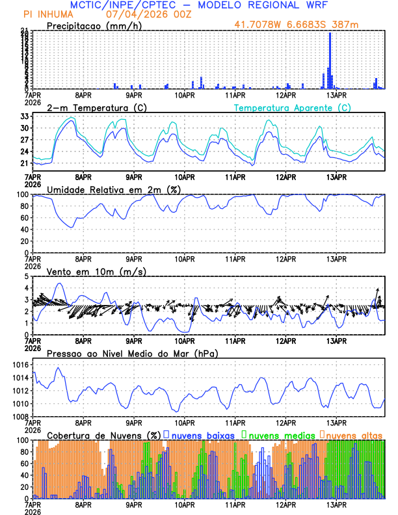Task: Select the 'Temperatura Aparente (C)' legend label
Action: pyautogui.click(x=292, y=107)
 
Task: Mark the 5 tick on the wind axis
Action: pyautogui.click(x=27, y=276)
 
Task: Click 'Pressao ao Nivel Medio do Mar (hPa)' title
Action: pyautogui.click(x=132, y=354)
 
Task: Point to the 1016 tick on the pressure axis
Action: pyautogui.click(x=20, y=365)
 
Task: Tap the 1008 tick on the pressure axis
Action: pyautogui.click(x=20, y=416)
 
